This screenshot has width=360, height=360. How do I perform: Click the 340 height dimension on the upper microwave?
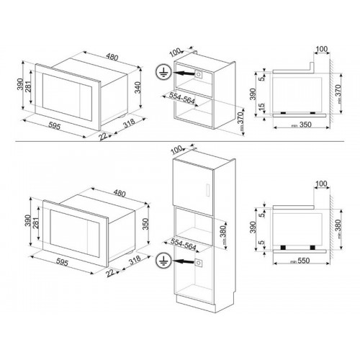(137, 89)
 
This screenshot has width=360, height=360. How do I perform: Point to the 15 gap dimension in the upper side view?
(262, 107)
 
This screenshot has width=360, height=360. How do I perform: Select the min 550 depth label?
(300, 261)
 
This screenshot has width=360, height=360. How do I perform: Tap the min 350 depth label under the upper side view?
(302, 125)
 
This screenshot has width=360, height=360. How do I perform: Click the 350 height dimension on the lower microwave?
(145, 224)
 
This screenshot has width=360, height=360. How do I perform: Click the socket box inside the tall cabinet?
(199, 263)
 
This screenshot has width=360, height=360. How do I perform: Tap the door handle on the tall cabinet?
(208, 189)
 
